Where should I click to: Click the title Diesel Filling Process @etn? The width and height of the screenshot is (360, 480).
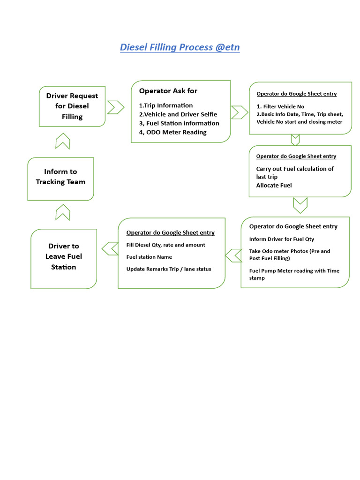180,47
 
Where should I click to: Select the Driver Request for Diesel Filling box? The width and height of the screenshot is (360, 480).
72,106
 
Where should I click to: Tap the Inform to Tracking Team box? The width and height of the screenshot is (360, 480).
60,177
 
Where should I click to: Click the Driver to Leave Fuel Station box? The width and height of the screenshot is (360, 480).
63,256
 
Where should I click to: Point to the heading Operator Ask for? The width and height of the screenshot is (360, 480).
168,91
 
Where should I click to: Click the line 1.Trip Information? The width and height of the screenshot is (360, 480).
166,105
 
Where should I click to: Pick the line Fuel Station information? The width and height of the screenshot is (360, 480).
182,123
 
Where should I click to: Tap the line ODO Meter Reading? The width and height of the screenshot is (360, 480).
176,132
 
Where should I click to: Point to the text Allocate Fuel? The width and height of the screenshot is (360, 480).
274,186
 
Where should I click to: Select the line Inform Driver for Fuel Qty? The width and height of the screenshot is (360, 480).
281,239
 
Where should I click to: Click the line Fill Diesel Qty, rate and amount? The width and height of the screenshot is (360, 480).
165,245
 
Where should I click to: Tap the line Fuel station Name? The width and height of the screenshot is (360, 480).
149,257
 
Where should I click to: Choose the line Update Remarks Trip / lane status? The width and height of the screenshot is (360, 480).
169,269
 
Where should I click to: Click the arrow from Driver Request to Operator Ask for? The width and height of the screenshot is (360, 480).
116,107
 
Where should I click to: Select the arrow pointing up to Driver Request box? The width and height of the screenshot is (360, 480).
63,141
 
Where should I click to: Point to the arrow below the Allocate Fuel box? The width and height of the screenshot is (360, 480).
300,205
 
